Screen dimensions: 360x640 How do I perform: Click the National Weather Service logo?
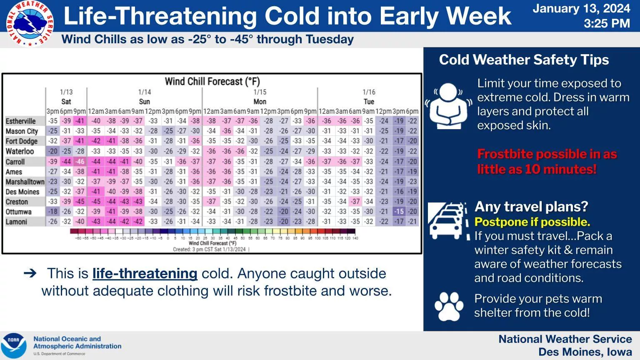coord(30,23)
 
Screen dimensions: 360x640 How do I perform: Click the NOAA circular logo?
coord(14,345)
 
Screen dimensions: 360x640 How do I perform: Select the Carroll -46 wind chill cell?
coord(80,162)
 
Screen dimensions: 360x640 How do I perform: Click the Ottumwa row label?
coord(19,212)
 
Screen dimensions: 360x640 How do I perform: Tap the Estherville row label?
coord(21,121)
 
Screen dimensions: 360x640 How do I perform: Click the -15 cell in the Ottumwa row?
coord(399,212)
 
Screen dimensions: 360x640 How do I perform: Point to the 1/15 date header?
coord(260,92)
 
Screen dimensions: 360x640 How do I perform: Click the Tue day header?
coord(369,102)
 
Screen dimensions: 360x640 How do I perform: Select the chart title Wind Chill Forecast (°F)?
coord(212,81)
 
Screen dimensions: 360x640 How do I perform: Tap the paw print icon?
coord(449,306)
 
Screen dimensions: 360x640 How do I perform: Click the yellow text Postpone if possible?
coord(532,222)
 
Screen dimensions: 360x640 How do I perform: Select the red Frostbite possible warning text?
coord(547,162)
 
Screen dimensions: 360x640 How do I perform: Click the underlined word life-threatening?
coord(145,273)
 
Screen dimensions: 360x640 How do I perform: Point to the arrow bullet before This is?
coord(30,273)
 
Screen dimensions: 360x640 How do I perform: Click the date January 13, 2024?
coord(581,9)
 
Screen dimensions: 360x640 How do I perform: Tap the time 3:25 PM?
coord(606,23)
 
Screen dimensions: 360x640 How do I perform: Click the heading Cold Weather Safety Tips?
coord(524,60)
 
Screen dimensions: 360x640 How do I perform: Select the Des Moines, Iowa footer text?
coord(585,352)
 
